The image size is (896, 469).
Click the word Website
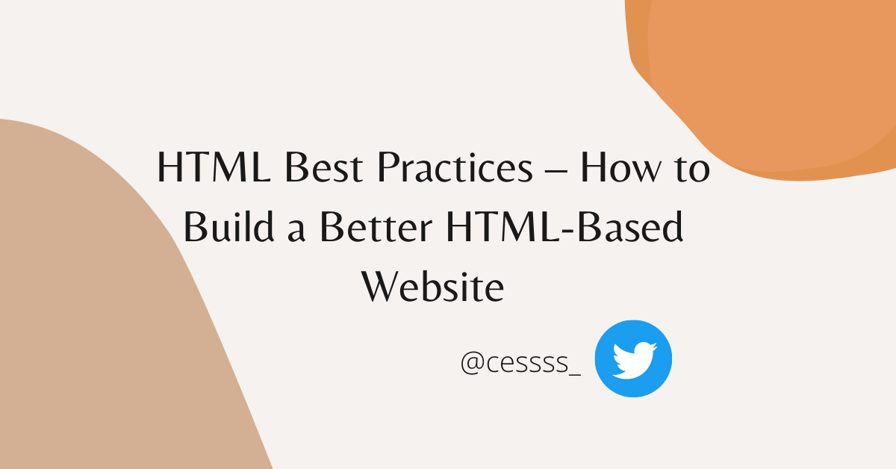(x=433, y=285)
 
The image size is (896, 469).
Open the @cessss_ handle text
(x=520, y=363)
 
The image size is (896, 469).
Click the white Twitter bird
(x=633, y=358)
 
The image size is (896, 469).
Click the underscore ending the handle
(x=574, y=373)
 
